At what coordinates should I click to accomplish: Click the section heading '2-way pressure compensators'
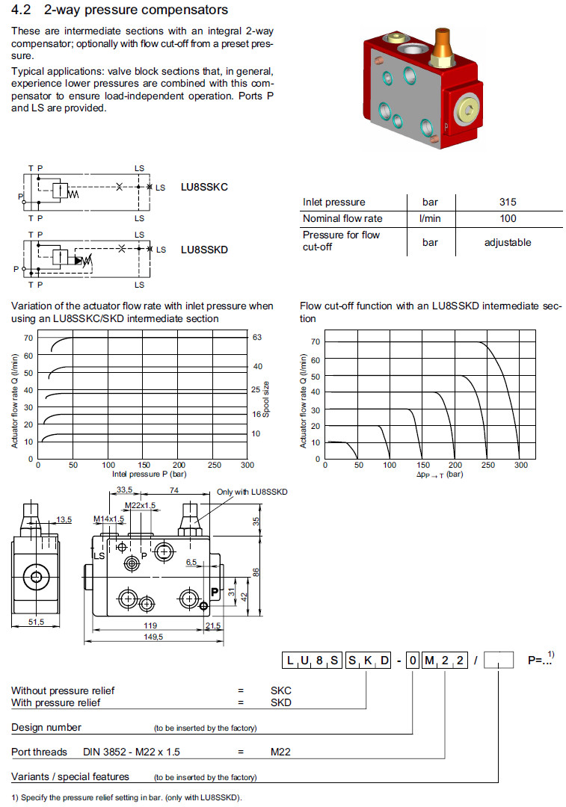135,10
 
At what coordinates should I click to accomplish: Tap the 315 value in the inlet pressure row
508,202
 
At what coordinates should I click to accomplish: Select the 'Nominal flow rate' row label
342,218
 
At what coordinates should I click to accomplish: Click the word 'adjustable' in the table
508,242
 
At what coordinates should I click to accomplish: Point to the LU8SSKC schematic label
204,187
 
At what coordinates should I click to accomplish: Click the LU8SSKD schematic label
204,250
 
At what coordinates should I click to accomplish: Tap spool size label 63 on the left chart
257,338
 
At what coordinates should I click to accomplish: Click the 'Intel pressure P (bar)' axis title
149,474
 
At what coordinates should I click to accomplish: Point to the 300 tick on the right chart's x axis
520,465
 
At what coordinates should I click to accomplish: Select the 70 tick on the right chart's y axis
316,341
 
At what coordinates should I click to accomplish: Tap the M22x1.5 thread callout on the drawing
140,506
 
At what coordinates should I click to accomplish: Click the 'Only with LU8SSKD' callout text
252,492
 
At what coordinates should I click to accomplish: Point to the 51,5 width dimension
35,622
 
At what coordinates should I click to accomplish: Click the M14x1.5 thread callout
108,519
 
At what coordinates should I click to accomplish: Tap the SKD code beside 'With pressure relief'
281,702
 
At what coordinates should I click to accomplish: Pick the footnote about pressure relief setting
127,797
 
